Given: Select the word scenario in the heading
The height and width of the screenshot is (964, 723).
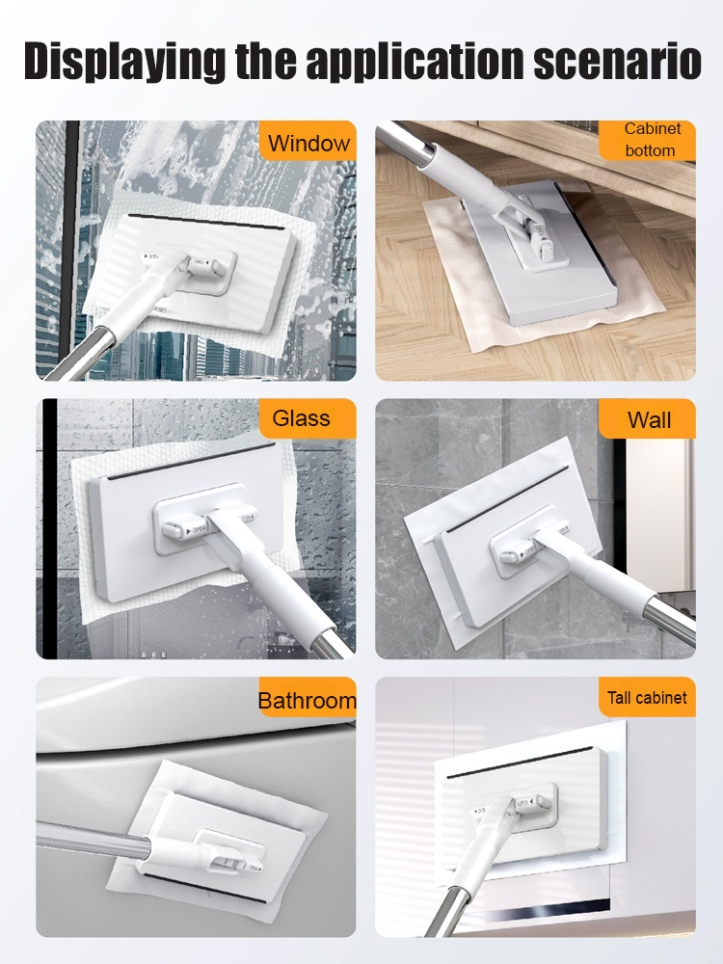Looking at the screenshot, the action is (618, 61).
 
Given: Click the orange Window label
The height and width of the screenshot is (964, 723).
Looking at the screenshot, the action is (308, 141).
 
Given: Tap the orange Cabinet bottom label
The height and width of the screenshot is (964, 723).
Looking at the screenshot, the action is (649, 140).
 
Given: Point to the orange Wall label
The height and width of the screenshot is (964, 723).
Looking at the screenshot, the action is (648, 418).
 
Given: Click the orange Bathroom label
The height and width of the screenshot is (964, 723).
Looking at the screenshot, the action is (308, 697).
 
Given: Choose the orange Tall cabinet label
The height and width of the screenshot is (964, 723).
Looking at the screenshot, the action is (648, 697).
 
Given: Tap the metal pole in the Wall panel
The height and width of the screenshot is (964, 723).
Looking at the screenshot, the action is (670, 622).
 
